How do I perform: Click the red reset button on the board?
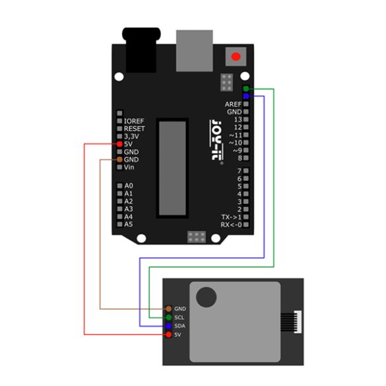236,57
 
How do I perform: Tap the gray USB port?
195,51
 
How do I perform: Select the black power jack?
141,50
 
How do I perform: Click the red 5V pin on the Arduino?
119,144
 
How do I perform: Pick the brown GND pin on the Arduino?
119,160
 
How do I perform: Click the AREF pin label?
233,104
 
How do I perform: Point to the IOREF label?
134,121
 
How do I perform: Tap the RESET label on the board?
135,129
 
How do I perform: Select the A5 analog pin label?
129,224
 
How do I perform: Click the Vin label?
129,167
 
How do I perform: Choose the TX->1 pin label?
232,217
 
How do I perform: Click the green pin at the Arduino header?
246,88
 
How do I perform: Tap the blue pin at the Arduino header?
246,96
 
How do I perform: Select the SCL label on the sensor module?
179,317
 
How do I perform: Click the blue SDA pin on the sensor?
169,326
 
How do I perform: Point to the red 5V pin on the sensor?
169,335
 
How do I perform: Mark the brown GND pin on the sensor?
169,309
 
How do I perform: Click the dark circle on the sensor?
207,297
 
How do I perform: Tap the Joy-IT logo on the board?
216,141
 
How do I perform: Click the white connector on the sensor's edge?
298,322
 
